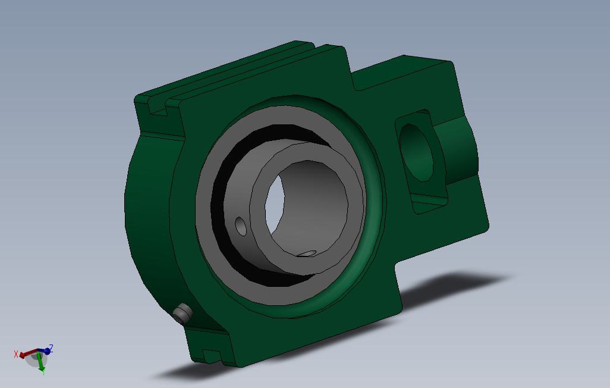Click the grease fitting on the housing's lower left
coord(183,314)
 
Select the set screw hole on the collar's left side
coord(241,226)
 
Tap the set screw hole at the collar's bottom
coord(307,254)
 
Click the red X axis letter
coord(16,355)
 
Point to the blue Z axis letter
coord(52,348)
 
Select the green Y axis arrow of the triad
coord(40,364)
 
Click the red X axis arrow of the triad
coord(27,355)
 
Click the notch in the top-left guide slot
coord(158,110)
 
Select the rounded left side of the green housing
coord(143,214)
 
